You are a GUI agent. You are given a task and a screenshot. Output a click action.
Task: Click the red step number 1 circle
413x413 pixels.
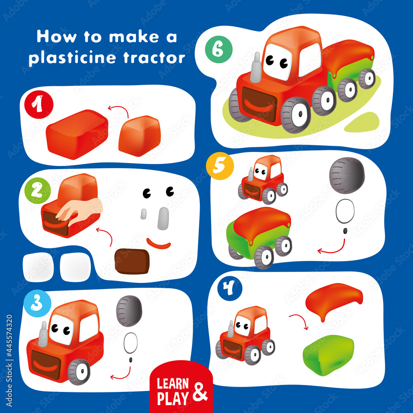point(39,104)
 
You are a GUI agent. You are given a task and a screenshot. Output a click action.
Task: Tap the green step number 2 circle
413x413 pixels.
point(38,190)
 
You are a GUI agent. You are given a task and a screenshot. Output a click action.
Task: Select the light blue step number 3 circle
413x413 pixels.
point(37,303)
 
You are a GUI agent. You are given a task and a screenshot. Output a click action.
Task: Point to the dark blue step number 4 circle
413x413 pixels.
point(230,288)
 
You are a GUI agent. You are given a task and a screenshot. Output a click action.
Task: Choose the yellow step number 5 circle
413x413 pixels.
point(220,166)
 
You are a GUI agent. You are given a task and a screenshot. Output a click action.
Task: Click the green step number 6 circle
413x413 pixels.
point(218,49)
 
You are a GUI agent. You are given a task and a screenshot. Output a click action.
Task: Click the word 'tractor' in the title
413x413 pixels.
point(154,58)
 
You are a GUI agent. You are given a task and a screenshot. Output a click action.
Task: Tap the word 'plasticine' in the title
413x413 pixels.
point(72,58)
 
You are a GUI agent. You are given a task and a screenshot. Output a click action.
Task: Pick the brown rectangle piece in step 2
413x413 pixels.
point(132,261)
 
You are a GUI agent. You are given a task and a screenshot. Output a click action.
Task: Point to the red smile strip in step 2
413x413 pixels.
point(159,244)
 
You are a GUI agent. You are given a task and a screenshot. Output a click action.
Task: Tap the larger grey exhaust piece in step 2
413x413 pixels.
point(163,218)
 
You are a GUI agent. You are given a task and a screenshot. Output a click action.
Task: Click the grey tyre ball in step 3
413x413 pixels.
point(129,311)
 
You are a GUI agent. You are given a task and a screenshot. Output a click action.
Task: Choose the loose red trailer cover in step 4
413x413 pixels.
point(334,299)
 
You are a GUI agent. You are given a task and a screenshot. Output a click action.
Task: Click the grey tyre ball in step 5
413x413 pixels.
point(347,175)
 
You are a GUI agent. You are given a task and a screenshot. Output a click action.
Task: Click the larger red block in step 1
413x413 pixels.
point(77,134)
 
